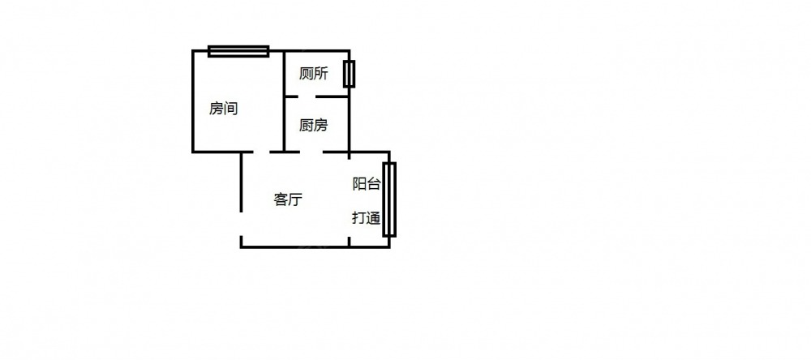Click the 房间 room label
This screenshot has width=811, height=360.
coord(224,109)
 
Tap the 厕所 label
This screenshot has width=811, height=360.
coord(313,74)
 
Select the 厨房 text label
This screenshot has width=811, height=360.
coord(313,125)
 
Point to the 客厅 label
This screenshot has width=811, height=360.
coord(288,199)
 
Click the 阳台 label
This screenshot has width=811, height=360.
coord(367,183)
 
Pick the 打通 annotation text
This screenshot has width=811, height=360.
coord(367,218)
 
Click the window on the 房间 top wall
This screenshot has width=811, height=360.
coord(238,51)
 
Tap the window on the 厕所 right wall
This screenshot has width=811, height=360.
coord(349,74)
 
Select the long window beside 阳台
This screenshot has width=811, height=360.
coord(389,199)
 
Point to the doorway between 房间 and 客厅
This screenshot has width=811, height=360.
coord(261,152)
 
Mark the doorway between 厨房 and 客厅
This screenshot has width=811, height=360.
coord(311,152)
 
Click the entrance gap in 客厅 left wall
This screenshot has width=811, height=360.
coord(241,224)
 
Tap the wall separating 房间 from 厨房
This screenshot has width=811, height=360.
coord(284,101)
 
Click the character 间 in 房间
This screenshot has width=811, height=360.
coord(230,109)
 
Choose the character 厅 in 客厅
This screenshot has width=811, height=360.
coord(295,199)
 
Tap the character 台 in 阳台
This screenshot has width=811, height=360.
coord(374,183)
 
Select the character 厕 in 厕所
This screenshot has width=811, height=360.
coord(307,74)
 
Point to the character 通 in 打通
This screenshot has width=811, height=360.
coord(374,218)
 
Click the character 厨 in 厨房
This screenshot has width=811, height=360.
coord(307,125)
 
